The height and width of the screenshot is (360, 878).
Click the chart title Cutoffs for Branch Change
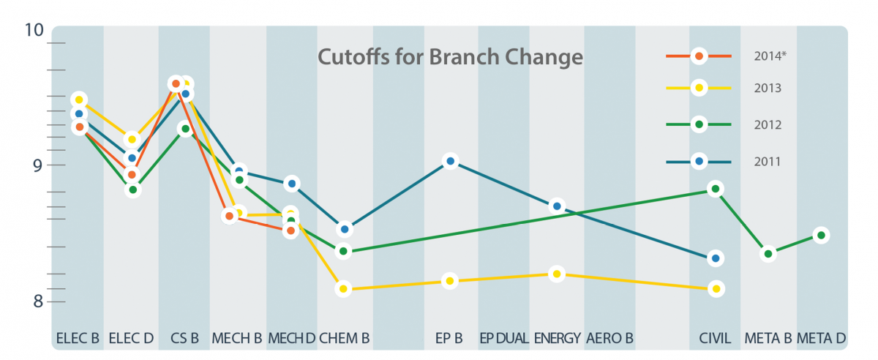pos(450,57)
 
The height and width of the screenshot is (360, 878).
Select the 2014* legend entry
pos(726,56)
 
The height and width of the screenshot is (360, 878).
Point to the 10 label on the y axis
pos(34,30)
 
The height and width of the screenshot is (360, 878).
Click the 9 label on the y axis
pos(37,165)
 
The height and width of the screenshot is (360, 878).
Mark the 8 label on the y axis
pos(37,301)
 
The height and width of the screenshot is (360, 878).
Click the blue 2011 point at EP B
pos(451,161)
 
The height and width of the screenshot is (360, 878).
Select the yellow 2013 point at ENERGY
pos(557,274)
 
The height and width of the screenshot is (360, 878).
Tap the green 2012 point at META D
pos(821,236)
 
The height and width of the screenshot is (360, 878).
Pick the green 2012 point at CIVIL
pos(716,189)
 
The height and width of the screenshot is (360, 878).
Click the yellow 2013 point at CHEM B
pos(343,289)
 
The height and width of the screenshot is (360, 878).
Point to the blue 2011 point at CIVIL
pos(716,258)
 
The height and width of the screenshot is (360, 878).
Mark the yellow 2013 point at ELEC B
pos(79,100)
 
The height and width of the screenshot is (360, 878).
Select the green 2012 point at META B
pos(768,254)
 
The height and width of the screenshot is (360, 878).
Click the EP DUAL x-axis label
pos(504,338)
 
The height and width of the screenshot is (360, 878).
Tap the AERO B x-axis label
pos(609,338)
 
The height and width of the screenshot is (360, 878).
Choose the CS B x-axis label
pos(184,338)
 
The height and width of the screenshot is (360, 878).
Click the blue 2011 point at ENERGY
pos(557,206)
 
